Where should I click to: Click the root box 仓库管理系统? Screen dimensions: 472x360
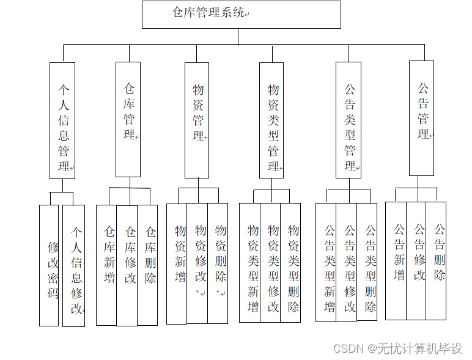(241, 14)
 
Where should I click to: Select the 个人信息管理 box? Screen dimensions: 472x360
(62, 120)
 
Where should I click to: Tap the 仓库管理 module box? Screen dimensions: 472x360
(128, 119)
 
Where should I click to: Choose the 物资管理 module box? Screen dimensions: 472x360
(197, 119)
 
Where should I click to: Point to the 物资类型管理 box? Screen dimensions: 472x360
(271, 120)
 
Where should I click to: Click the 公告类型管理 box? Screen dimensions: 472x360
(348, 120)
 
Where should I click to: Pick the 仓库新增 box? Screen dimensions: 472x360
(106, 264)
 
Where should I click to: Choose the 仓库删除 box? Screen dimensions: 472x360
(147, 264)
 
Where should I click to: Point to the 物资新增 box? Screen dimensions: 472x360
(177, 263)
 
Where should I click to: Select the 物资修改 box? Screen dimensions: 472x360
(197, 263)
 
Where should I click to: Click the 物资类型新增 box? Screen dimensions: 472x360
(249, 263)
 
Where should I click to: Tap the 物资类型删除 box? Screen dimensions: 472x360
(290, 263)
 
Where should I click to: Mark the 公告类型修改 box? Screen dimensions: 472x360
(347, 262)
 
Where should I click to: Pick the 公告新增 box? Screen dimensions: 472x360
(396, 260)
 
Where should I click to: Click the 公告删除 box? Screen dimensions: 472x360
(436, 260)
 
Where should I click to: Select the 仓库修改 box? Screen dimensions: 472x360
(127, 265)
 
